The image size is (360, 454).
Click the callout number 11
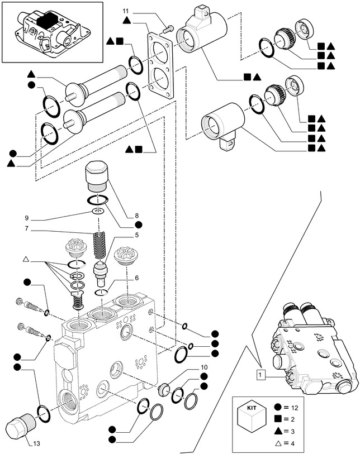(x=126, y=11)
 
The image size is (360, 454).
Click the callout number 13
(x=36, y=444)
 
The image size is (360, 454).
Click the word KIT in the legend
(x=248, y=408)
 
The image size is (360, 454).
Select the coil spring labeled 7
(x=98, y=245)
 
